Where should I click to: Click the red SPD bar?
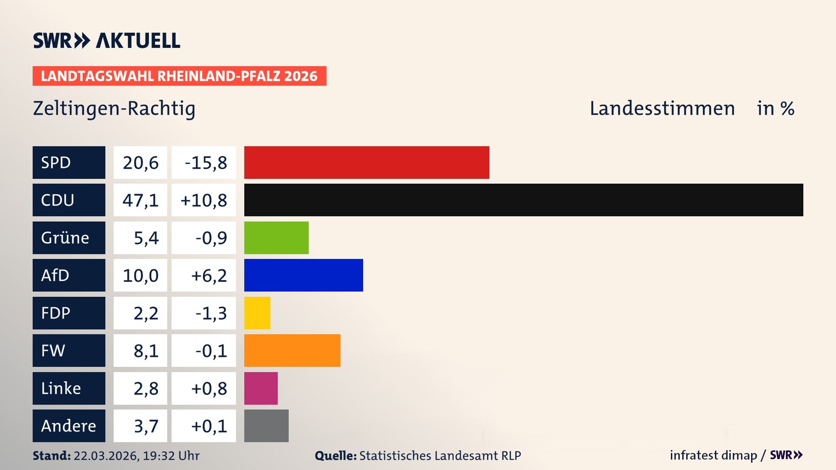(x=367, y=162)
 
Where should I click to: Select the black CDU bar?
(x=523, y=200)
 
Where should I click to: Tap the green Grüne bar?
(x=276, y=238)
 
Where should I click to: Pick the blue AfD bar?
(x=303, y=275)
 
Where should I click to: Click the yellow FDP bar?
(x=257, y=313)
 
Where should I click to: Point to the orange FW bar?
(x=292, y=350)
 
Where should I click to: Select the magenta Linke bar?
(x=261, y=388)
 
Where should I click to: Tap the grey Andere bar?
(x=266, y=426)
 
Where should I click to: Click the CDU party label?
(x=69, y=200)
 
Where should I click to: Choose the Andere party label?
(x=69, y=426)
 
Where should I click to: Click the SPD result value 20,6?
(x=140, y=162)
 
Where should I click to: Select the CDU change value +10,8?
(x=203, y=200)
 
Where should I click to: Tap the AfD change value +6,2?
(x=203, y=275)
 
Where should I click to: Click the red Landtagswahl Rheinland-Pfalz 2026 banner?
(x=179, y=76)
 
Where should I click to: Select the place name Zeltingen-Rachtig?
(x=114, y=108)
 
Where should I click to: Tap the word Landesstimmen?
(x=662, y=108)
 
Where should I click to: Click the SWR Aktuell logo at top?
(x=107, y=40)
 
